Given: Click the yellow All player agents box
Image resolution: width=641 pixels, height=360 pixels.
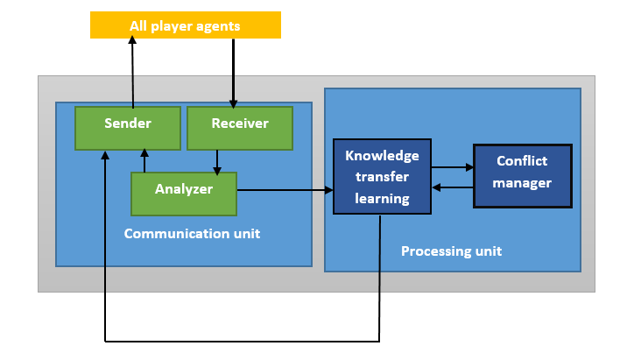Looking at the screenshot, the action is coord(186,25).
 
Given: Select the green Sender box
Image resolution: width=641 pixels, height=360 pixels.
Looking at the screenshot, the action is coord(128,129).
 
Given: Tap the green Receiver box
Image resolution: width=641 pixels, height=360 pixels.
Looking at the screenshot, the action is coord(240,129).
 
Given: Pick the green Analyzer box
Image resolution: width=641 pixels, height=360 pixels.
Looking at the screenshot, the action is coord(184,194).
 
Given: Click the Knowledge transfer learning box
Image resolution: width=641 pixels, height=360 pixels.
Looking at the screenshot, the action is coord(382,176).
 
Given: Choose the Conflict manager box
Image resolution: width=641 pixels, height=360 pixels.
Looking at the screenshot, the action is coord(523,176).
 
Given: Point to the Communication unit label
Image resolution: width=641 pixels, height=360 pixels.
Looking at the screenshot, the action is coord(192,234).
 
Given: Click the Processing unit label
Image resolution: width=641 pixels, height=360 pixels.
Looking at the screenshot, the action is coord(451,251).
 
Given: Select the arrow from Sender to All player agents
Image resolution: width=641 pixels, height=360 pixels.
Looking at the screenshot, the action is coord(132,72).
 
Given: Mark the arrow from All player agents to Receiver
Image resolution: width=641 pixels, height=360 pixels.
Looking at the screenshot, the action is coord(234,74).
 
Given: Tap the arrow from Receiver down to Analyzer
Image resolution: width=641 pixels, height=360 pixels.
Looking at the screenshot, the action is coord(217,163).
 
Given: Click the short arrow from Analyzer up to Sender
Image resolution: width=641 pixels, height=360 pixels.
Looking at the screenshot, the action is coord(144,160).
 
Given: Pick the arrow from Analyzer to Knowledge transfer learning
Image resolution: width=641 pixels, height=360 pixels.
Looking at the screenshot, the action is coord(285,190).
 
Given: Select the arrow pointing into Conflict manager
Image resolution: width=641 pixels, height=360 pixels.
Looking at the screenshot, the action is coord(453,167).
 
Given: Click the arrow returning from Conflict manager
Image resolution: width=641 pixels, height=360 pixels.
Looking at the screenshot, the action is coord(453,187).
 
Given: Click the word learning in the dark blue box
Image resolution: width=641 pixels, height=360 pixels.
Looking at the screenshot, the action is coord(382,199).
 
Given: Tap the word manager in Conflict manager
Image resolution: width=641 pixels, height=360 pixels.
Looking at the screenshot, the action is coord(522,183).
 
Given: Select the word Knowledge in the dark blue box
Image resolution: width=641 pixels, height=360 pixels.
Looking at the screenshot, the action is coord(382,156).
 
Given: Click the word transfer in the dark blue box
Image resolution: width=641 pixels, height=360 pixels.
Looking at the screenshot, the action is coord(382,177).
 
